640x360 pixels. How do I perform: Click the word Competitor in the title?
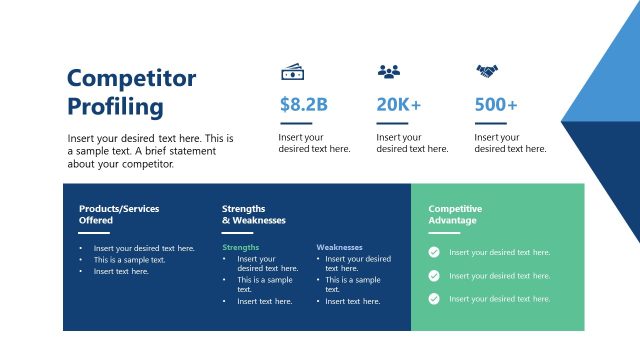tap(131, 79)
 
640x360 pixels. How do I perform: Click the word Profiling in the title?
tap(115, 107)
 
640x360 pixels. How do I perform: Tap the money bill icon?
tap(292, 72)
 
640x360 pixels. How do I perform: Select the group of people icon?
tap(388, 72)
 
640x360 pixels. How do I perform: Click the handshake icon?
tap(487, 72)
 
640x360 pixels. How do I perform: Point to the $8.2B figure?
tap(304, 104)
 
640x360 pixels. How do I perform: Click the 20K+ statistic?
tap(398, 104)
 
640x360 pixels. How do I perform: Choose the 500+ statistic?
tap(496, 104)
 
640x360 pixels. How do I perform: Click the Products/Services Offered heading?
tap(119, 214)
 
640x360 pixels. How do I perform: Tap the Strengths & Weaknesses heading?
tap(254, 214)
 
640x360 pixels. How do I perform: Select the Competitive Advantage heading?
tap(455, 214)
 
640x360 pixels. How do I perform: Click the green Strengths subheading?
tap(241, 247)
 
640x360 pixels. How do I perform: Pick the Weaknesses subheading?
tap(339, 247)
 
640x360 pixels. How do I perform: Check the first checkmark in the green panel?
tap(434, 253)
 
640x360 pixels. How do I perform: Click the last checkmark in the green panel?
tap(434, 299)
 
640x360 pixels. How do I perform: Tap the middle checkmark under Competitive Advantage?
tap(434, 276)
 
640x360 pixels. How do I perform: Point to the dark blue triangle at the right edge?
tap(610, 170)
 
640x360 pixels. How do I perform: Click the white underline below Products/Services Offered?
tap(94, 233)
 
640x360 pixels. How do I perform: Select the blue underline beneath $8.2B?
tap(295, 124)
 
